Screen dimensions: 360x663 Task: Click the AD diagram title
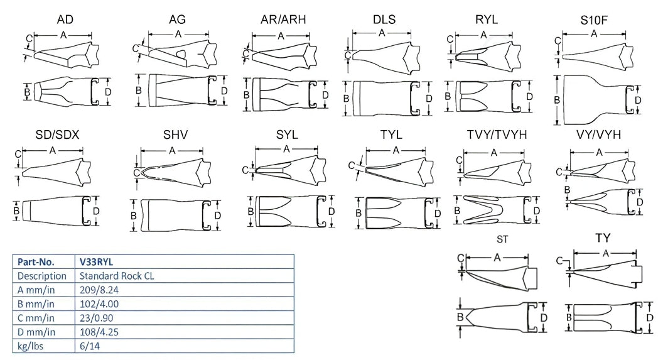pyautogui.click(x=65, y=19)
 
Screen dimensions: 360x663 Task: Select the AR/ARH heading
pyautogui.click(x=283, y=19)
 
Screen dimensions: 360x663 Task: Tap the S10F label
pyautogui.click(x=593, y=23)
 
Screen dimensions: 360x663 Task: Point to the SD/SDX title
pyautogui.click(x=57, y=136)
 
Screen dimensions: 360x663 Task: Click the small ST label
pyautogui.click(x=502, y=239)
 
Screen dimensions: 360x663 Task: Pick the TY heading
pyautogui.click(x=603, y=238)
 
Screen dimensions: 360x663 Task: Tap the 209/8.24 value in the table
pyautogui.click(x=99, y=290)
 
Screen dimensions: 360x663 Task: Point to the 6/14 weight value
pyautogui.click(x=89, y=346)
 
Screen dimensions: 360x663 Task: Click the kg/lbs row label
pyautogui.click(x=31, y=346)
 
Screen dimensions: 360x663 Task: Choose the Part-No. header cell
pyautogui.click(x=36, y=261)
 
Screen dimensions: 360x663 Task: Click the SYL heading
pyautogui.click(x=286, y=136)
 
